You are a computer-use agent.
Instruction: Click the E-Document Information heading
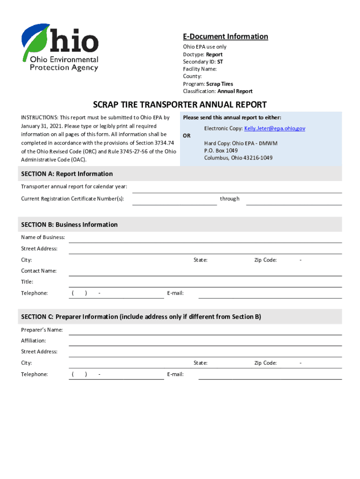click(x=225, y=36)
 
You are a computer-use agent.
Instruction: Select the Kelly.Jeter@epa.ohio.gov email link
click(x=274, y=128)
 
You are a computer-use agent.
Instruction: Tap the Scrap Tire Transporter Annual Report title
click(x=180, y=104)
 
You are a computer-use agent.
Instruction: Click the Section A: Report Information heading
click(x=67, y=174)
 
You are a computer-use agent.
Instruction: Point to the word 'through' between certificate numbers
click(x=230, y=199)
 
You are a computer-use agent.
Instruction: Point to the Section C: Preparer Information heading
click(x=141, y=317)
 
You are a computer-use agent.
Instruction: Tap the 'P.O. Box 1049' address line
click(x=221, y=150)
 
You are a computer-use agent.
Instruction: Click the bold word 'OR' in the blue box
click(x=187, y=136)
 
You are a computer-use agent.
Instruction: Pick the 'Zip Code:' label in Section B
click(x=265, y=260)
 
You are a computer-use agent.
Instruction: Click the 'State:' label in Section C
click(x=201, y=363)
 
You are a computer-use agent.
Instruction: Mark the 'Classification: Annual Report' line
click(x=217, y=91)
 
